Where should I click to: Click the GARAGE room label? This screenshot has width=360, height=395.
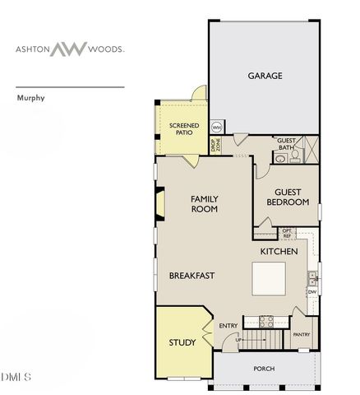pyautogui.click(x=265, y=76)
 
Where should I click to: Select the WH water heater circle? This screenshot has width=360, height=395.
pyautogui.click(x=217, y=128)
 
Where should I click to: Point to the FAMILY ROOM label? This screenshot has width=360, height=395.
pyautogui.click(x=204, y=203)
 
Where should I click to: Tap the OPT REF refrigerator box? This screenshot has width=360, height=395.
pyautogui.click(x=286, y=233)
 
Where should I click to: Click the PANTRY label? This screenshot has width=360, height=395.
pyautogui.click(x=301, y=334)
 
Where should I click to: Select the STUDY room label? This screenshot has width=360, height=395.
pyautogui.click(x=182, y=342)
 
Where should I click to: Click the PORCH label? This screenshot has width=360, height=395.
pyautogui.click(x=263, y=369)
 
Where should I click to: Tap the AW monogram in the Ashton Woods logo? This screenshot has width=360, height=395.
pyautogui.click(x=69, y=49)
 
